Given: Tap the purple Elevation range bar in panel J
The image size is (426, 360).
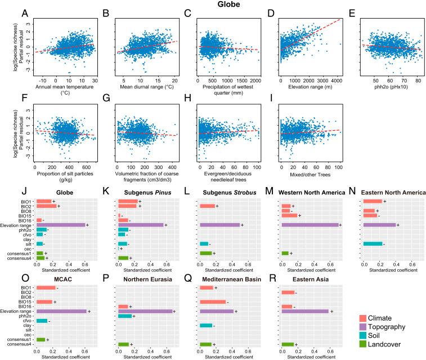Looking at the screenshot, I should coord(61,225).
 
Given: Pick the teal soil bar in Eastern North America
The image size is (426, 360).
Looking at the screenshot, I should coord(373,244).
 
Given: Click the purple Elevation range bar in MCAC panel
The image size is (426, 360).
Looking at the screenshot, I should coord(61,310).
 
